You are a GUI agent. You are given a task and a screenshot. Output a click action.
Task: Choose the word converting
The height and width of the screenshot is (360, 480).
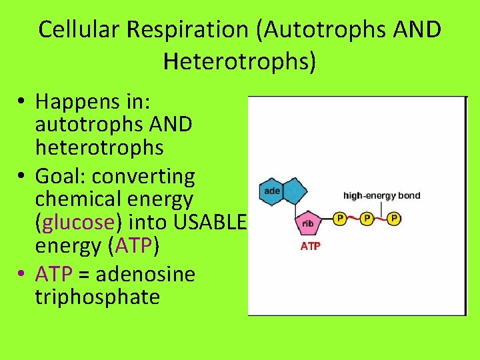click(x=143, y=177)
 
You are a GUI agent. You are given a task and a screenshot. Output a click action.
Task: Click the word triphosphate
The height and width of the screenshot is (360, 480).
click(x=97, y=297)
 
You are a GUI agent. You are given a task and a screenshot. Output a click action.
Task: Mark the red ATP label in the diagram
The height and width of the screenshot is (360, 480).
click(x=310, y=246)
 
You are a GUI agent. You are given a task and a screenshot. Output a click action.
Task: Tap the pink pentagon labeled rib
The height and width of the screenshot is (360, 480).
click(x=308, y=223)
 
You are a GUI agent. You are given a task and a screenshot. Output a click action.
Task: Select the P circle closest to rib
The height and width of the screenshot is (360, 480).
click(x=339, y=218)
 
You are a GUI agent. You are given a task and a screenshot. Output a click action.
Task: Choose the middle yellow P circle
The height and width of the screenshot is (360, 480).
click(x=366, y=218)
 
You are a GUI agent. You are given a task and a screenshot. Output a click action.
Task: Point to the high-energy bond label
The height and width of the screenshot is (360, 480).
click(x=381, y=196)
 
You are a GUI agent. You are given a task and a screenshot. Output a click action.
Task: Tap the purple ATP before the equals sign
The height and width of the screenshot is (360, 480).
click(x=53, y=273)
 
